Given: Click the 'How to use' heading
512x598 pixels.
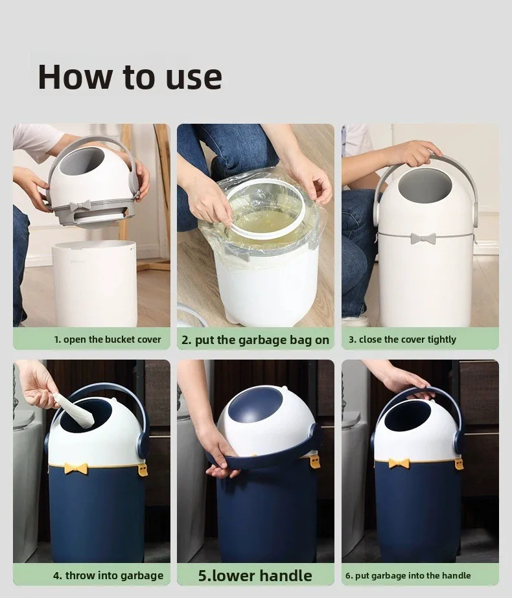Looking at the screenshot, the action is pos(130,77).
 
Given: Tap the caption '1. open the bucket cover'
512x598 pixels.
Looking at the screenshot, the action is pos(108,339).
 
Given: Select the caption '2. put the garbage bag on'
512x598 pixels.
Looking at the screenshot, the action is pos(255,339).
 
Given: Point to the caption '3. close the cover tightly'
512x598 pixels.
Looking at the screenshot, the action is pos(402,339).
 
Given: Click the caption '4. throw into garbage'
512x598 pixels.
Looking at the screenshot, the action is pos(108,575).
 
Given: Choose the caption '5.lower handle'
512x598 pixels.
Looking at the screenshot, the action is pos(255,575).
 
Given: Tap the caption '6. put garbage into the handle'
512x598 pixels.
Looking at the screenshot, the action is pos(408,575).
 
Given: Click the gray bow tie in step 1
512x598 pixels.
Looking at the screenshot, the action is pos(80,205).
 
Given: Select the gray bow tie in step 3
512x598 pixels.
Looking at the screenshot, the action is pos(423,238).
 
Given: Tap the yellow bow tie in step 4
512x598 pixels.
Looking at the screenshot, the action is pos(76,468).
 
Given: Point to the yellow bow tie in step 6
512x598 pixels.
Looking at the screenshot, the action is pos(399,463).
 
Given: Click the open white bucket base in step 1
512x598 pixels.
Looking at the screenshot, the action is pos(94,283).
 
